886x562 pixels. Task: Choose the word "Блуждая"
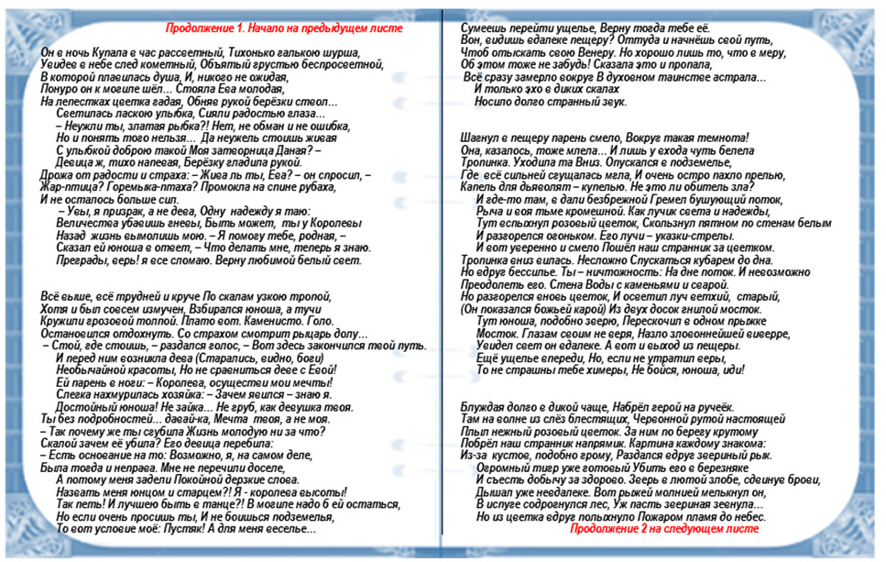point(486,406)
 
